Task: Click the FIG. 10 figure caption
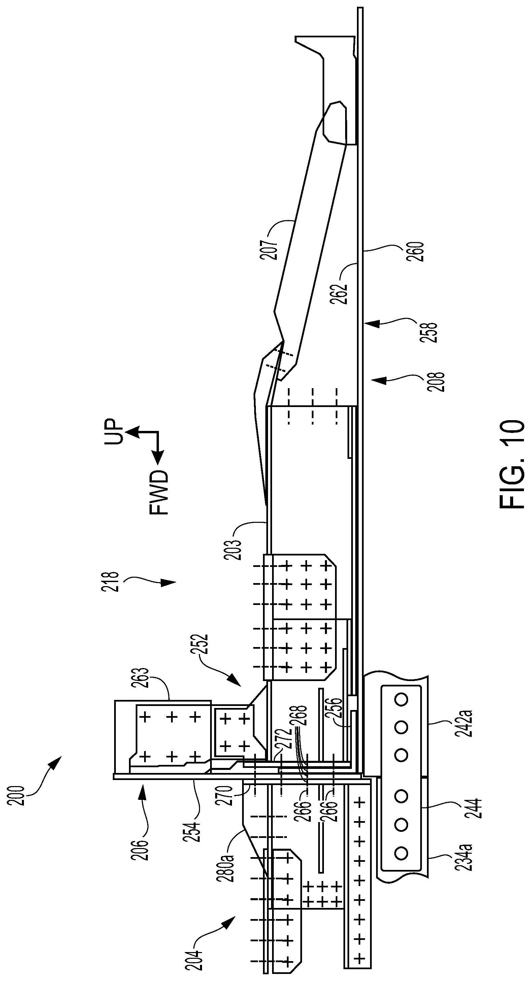click(x=511, y=464)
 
